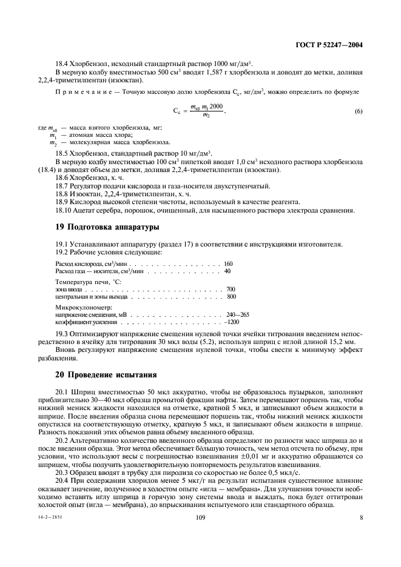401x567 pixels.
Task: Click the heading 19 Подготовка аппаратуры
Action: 107,227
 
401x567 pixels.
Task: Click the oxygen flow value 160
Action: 228,264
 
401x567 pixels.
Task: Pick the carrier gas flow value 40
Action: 227,271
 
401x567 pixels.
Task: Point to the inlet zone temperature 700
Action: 231,290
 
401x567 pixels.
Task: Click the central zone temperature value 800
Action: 231,297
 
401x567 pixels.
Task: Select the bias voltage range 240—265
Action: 237,315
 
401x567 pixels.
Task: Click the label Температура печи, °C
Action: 89,282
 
